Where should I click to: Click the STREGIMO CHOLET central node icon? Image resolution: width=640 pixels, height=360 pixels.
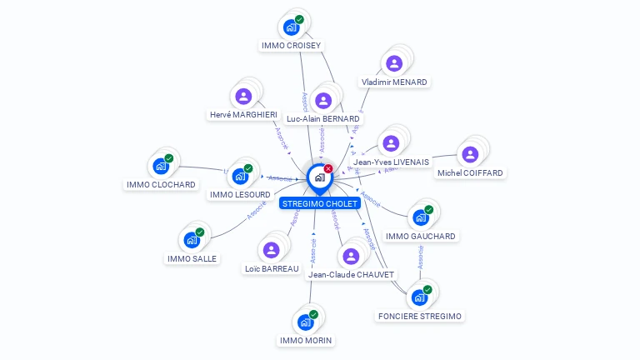(x=319, y=177)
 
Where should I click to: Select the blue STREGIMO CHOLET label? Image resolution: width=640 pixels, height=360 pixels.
(x=320, y=203)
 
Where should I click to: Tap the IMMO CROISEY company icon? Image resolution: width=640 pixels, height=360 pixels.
(x=291, y=27)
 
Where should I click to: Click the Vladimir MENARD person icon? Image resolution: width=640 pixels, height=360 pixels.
(x=394, y=63)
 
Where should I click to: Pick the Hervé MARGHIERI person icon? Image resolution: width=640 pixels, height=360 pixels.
(x=243, y=96)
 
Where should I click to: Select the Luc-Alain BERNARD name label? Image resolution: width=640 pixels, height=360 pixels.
(x=323, y=119)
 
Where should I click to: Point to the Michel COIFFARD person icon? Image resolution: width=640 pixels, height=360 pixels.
(x=470, y=154)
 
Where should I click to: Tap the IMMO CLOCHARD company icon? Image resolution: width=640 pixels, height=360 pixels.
(x=160, y=166)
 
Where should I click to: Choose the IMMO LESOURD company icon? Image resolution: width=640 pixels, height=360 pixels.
(x=240, y=176)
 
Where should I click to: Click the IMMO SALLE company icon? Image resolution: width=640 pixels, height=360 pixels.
(x=192, y=240)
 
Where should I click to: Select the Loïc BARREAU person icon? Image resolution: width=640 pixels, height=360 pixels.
(x=271, y=249)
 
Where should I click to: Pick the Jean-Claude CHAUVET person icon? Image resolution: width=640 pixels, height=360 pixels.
(x=351, y=256)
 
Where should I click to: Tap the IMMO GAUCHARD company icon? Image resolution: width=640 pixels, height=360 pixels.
(x=420, y=217)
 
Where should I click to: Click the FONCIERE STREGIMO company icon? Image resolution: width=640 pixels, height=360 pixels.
(x=419, y=297)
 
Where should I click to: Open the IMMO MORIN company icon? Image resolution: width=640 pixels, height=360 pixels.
(x=305, y=322)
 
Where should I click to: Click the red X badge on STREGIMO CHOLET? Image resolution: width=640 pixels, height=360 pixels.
(x=328, y=168)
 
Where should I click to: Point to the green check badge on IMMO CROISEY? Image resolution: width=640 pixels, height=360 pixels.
(x=299, y=19)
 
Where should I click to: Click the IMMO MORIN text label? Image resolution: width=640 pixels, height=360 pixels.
(x=306, y=341)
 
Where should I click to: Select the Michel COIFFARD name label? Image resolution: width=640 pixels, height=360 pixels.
(x=470, y=173)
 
